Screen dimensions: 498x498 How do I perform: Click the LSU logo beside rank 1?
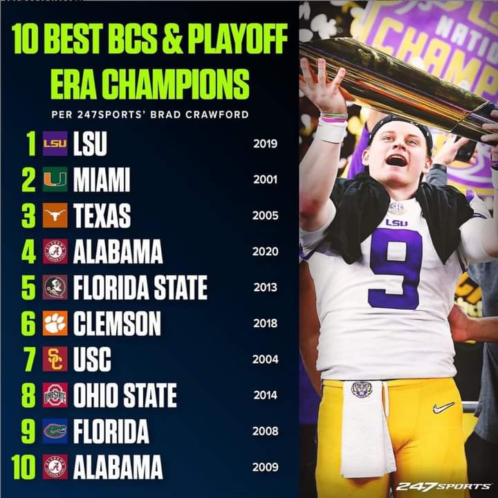55,144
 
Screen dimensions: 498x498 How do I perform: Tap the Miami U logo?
55,180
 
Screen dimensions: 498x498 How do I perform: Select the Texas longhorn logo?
55,216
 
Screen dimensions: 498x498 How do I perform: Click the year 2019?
266,144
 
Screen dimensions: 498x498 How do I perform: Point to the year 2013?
266,287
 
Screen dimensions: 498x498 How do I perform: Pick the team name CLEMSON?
117,323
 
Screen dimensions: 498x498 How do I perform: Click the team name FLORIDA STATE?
140,287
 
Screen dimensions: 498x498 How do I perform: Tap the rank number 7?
28,359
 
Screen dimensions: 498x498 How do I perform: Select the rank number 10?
23,467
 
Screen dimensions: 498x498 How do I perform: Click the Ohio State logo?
55,395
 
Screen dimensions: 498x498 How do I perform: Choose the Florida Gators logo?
55,431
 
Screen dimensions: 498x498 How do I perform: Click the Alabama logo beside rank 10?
55,467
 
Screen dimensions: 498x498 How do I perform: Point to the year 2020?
266,251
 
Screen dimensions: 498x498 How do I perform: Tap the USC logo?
55,359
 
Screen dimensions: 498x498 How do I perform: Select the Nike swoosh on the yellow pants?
443,407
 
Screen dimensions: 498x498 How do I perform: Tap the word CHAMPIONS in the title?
183,85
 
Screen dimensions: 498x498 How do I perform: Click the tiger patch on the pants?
362,389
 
